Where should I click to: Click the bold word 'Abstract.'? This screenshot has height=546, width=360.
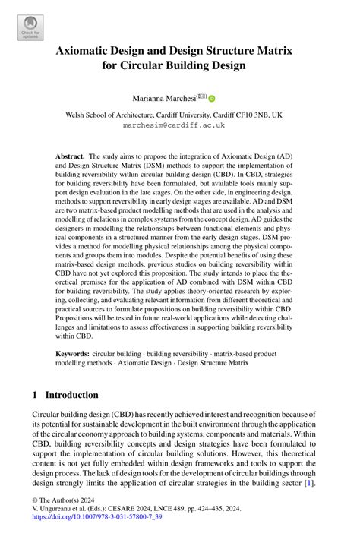pyautogui.click(x=71, y=156)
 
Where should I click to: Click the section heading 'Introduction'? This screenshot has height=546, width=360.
pyautogui.click(x=71, y=395)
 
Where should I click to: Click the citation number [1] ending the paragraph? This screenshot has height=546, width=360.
pyautogui.click(x=309, y=482)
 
